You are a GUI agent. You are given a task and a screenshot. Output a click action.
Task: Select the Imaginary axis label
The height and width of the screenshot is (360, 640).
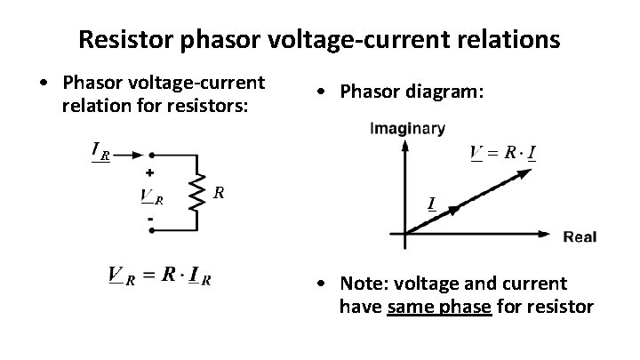coord(406,129)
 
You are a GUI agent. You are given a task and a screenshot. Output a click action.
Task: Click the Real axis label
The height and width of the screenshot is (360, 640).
coord(580,236)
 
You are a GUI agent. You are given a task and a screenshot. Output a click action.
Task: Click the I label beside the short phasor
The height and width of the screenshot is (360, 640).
coord(432,204)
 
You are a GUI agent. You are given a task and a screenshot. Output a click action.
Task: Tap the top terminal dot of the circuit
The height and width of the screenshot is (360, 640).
coord(152,153)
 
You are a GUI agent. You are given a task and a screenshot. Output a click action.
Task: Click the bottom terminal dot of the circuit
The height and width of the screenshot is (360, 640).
coord(152,230)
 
